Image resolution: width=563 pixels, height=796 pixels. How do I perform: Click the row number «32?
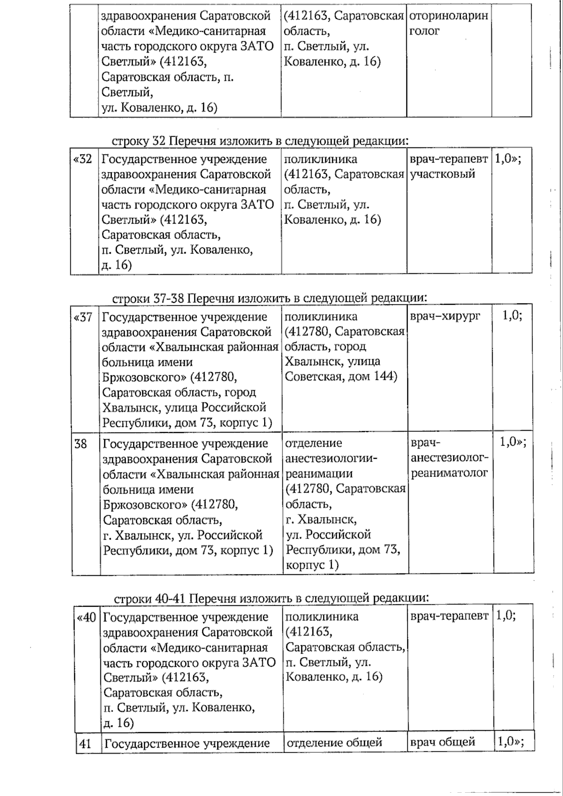(x=83, y=159)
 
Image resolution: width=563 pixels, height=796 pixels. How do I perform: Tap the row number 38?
(x=81, y=443)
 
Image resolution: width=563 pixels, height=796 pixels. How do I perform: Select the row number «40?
(x=86, y=617)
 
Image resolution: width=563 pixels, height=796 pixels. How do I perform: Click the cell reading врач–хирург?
(x=445, y=316)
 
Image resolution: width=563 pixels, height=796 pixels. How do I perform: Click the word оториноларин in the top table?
(x=449, y=16)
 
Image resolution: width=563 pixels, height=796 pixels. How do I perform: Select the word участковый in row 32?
(x=443, y=174)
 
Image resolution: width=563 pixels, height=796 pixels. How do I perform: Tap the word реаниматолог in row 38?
(x=449, y=473)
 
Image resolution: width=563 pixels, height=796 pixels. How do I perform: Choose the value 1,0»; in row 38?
(x=513, y=442)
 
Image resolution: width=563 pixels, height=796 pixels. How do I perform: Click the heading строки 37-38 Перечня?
(x=269, y=298)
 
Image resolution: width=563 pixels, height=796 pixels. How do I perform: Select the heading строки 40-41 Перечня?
(x=271, y=598)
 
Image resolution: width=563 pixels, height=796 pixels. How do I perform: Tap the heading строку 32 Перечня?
(x=259, y=141)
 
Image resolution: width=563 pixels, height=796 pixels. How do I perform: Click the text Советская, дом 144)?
(x=341, y=377)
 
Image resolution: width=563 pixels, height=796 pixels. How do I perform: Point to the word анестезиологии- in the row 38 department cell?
(x=332, y=458)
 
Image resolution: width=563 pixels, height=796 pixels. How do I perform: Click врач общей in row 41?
(x=443, y=742)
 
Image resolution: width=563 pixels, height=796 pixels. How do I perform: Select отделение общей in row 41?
(x=334, y=743)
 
